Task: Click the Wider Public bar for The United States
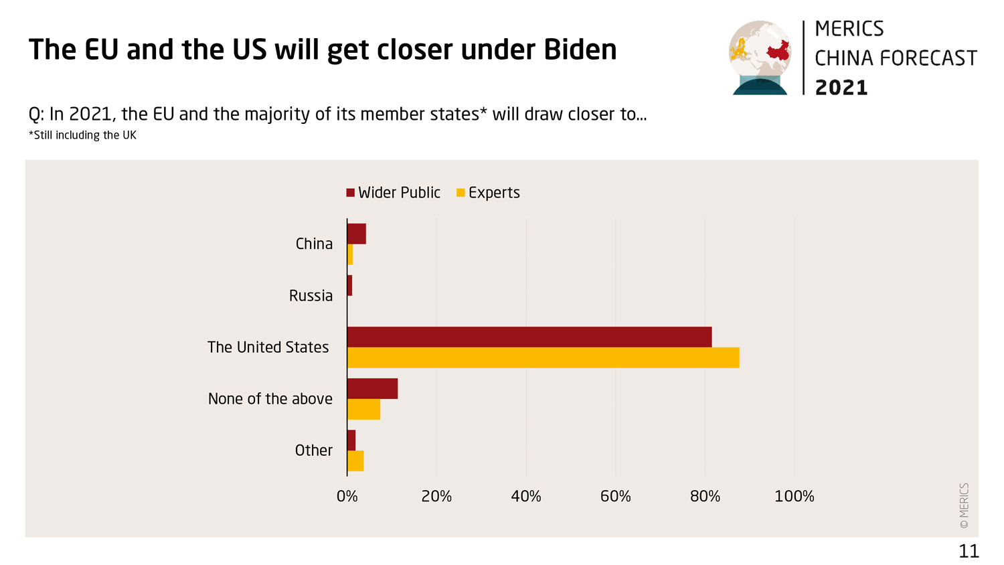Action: click(x=529, y=337)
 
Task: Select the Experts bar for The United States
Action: click(x=543, y=357)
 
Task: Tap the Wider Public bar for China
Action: click(x=357, y=234)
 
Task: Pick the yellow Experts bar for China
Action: click(x=350, y=254)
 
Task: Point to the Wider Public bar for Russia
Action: click(x=349, y=286)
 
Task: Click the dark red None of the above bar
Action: click(x=372, y=388)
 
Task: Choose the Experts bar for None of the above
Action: click(x=363, y=409)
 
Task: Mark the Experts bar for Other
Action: click(x=355, y=461)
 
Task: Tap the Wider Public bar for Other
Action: click(x=351, y=440)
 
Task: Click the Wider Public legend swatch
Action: click(x=350, y=193)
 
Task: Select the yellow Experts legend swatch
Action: click(x=461, y=193)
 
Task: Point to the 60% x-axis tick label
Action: click(x=615, y=496)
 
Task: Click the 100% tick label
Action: click(x=794, y=496)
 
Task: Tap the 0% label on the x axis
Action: click(x=347, y=496)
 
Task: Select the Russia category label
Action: click(x=311, y=295)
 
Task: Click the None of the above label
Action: click(x=270, y=398)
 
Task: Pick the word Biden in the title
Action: click(x=580, y=50)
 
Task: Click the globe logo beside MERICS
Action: click(x=760, y=58)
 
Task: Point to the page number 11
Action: click(x=969, y=551)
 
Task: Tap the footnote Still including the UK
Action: click(x=83, y=135)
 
